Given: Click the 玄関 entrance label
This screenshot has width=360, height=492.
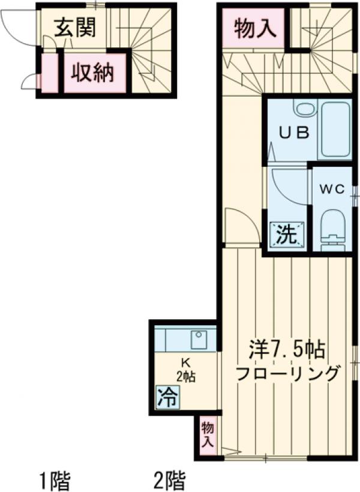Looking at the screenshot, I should (75, 27).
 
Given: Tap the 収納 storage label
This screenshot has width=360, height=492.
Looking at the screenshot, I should (95, 73).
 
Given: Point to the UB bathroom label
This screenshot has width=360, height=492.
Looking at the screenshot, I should (293, 133).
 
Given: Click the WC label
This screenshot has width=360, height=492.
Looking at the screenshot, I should (331, 189).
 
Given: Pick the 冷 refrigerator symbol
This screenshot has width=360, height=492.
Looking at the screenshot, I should (167, 397).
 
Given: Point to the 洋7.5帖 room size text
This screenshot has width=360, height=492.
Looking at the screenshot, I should (287, 349).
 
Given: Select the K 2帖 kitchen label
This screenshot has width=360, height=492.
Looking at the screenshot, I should (185, 370).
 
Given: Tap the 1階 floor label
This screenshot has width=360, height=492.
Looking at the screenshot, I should (55, 480).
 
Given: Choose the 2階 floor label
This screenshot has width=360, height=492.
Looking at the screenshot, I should (170, 480).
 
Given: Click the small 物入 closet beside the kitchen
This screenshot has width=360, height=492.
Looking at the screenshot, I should (208, 434).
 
